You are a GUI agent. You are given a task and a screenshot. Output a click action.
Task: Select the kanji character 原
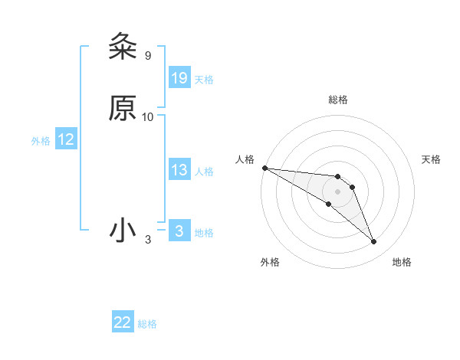pyautogui.click(x=122, y=109)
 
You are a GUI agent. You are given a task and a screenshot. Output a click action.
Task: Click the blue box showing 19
pyautogui.click(x=179, y=78)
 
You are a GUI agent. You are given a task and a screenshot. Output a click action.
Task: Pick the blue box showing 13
pyautogui.click(x=179, y=171)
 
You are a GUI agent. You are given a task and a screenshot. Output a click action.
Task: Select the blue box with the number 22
pyautogui.click(x=123, y=322)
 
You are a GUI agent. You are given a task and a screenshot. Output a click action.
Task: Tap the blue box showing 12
pyautogui.click(x=66, y=140)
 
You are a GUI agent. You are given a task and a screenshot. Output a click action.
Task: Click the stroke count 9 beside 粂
pyautogui.click(x=148, y=56)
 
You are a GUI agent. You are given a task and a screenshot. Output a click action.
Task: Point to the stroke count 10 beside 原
pyautogui.click(x=148, y=117)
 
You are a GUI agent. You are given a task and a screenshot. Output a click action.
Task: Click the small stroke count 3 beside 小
pyautogui.click(x=148, y=240)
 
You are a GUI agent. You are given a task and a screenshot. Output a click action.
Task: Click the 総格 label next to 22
pyautogui.click(x=147, y=324)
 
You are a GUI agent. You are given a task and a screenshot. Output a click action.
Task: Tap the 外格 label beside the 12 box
pyautogui.click(x=41, y=141)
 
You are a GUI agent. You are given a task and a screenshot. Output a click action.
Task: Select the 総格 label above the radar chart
pyautogui.click(x=338, y=100)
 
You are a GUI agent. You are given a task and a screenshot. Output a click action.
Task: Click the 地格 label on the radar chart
pyautogui.click(x=402, y=263)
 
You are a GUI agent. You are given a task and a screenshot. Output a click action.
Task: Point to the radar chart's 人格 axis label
pyautogui.click(x=245, y=159)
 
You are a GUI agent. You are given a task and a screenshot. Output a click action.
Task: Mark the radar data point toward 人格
pyautogui.click(x=264, y=168)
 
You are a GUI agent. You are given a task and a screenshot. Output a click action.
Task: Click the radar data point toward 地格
pyautogui.click(x=373, y=242)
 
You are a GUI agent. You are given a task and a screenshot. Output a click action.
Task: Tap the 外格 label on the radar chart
pyautogui.click(x=270, y=263)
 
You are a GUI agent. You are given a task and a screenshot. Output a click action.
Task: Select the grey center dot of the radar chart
pyautogui.click(x=337, y=191)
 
